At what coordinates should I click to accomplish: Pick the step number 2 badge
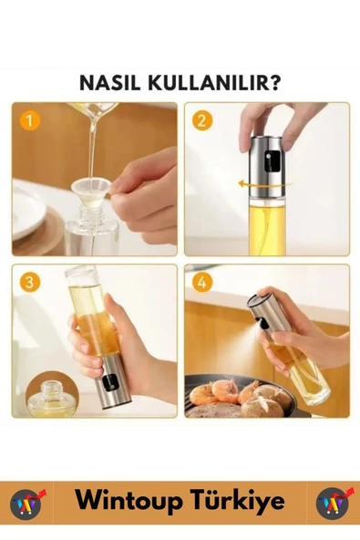click(x=202, y=120)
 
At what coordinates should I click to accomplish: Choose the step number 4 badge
click(x=202, y=282)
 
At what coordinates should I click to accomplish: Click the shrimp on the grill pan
click(x=222, y=391)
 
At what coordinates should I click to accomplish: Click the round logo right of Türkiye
click(x=333, y=503)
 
